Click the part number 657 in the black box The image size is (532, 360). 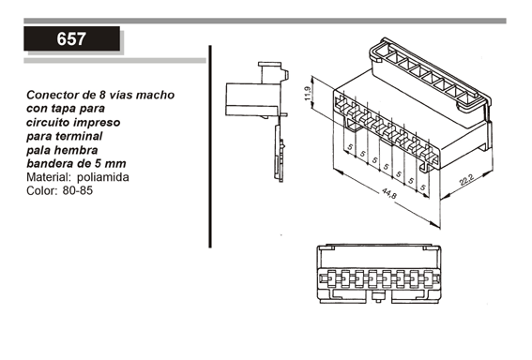coord(71,39)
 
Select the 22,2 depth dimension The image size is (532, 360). coord(466,180)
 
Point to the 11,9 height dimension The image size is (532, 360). coord(308,93)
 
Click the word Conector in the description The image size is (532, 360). coord(52,95)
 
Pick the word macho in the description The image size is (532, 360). coord(156,95)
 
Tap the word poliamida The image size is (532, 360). coord(103,177)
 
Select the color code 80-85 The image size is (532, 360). coord(77,190)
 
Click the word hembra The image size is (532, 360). coord(76,150)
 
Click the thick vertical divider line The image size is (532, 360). coord(210,146)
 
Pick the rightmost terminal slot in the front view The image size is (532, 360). coord(429,279)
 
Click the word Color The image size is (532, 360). coord(41,190)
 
